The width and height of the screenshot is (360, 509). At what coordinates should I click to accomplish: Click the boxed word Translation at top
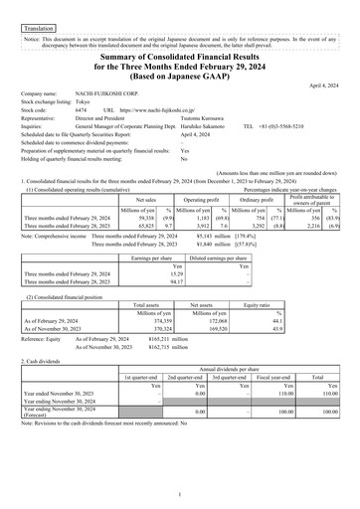click(x=37, y=18)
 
